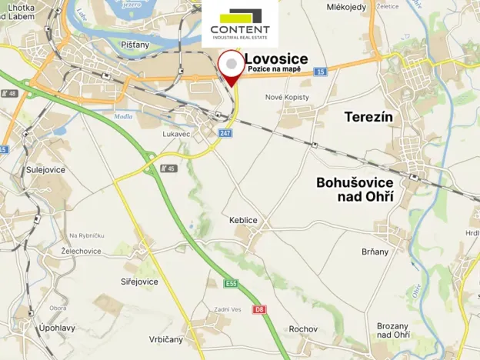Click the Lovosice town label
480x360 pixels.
coord(276,58)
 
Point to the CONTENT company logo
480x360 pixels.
coord(240,24)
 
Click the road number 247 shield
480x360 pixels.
coord(225,133)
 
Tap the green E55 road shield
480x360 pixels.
coord(232,284)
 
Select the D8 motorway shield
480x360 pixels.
coord(260,310)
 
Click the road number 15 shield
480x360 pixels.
coord(320,72)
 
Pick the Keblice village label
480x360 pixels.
coord(243,220)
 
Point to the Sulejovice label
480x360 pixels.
coord(45,169)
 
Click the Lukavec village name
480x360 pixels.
coord(177,133)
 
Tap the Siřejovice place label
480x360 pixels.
coord(138,282)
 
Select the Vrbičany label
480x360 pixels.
coord(167,339)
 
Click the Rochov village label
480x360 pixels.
coord(303,329)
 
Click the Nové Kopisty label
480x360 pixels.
coord(287,97)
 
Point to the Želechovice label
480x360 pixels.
coord(82,251)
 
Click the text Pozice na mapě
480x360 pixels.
coord(274,70)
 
